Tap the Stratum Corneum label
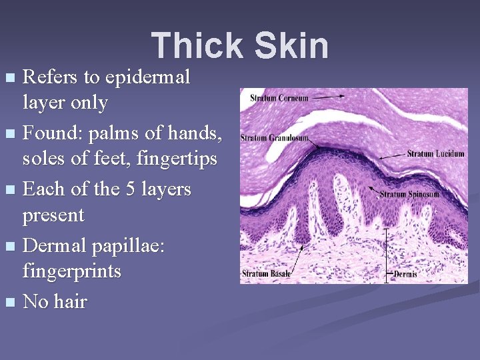pos(279,98)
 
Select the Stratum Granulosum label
pos(275,138)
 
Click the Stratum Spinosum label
pos(409,195)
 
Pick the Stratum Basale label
pos(265,273)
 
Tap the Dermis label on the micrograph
pos(406,273)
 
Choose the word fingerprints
pos(72,272)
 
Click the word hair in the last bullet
pos(71,301)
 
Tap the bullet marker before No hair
pos(9,303)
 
